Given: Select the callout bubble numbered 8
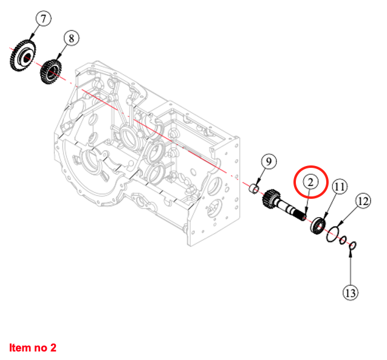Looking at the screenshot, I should pyautogui.click(x=70, y=38).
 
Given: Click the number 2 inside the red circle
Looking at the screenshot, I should pyautogui.click(x=310, y=181).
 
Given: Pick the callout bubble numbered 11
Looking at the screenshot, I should pyautogui.click(x=339, y=187).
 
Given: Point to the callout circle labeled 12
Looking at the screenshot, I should pyautogui.click(x=363, y=200).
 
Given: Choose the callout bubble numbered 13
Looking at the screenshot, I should pyautogui.click(x=350, y=292).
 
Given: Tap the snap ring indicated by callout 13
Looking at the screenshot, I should pyautogui.click(x=353, y=246).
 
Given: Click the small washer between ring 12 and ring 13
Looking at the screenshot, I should pyautogui.click(x=343, y=240).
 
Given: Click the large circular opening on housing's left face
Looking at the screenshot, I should pyautogui.click(x=91, y=162).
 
